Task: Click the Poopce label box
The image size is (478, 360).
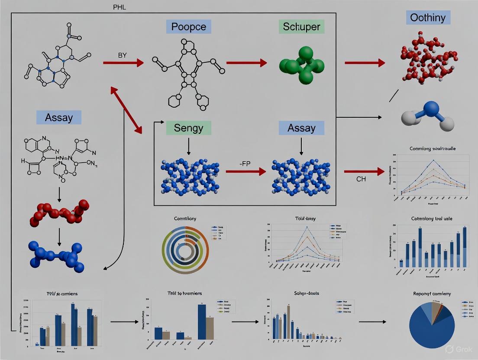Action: (x=189, y=26)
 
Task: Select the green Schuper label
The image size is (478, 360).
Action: (x=301, y=26)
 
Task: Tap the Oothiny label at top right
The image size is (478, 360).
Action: (x=428, y=18)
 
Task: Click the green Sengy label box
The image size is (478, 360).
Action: (x=188, y=128)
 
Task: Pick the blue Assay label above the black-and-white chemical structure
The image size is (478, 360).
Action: (x=59, y=117)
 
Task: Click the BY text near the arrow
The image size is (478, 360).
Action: (x=122, y=55)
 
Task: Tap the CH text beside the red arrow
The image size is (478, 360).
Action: (x=361, y=178)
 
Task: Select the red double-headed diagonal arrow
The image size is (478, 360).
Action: (x=126, y=110)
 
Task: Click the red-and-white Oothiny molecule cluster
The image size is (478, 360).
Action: (x=429, y=56)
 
